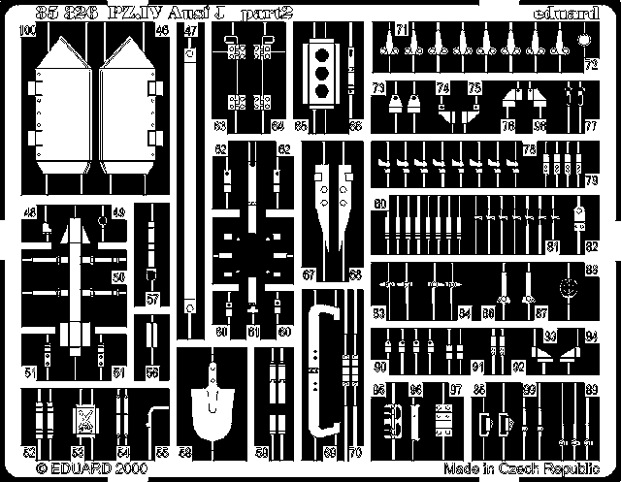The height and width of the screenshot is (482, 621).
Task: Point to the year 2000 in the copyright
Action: pos(130,466)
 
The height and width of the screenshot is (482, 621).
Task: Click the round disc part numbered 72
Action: pos(585,41)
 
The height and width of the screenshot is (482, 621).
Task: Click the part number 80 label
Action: pos(380,205)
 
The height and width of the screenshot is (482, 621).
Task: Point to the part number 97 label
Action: pos(455,389)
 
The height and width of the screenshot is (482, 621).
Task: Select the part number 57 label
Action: pos(152,300)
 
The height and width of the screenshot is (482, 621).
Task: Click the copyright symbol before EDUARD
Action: pos(43,466)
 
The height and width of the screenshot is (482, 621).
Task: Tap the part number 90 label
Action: pos(380,367)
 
